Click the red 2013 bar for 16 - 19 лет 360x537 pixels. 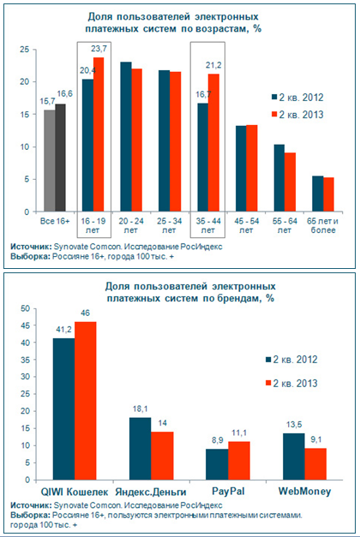(99, 134)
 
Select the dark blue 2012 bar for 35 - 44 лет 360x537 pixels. (202, 158)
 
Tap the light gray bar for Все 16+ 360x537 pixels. (50, 161)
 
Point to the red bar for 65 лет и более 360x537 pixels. (328, 194)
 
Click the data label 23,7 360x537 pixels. (99, 49)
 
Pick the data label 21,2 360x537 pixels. (213, 65)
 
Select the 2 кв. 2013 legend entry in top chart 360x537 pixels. (297, 115)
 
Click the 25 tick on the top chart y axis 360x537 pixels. (25, 50)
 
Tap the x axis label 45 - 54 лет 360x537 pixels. (246, 225)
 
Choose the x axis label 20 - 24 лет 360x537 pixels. (130, 225)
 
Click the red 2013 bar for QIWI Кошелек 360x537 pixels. (86, 401)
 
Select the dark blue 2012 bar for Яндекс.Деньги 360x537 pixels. (140, 449)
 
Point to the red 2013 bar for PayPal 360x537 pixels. (239, 461)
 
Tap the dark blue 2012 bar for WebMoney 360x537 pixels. (294, 456)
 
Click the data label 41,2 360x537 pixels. (63, 330)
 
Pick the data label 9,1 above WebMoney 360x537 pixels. (315, 439)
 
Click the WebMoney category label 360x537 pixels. (305, 492)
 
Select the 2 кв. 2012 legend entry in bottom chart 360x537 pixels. (291, 359)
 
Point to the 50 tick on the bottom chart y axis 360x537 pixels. (27, 308)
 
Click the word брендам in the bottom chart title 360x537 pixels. (236, 298)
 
